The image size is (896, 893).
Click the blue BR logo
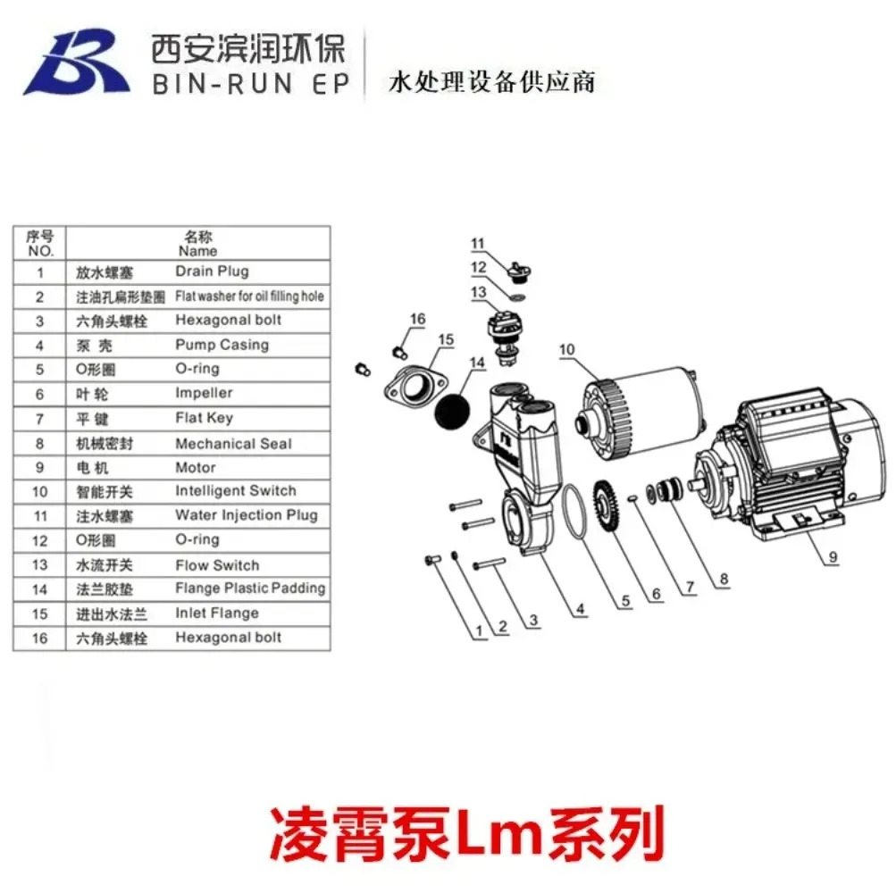point(76,62)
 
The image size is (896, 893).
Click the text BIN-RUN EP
point(251,85)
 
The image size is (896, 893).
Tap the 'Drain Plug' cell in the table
point(212,271)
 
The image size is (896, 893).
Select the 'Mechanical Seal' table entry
point(233,443)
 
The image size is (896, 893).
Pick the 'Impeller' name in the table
point(204,393)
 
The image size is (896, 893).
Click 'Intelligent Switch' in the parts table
point(236,491)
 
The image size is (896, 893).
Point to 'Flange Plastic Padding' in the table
point(250,588)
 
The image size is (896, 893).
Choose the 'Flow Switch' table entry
point(217,565)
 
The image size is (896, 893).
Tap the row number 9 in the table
point(39,467)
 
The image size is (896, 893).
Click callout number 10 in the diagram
point(567,349)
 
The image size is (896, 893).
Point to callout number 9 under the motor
point(833,556)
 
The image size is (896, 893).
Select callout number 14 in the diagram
point(477,363)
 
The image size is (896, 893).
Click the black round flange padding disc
point(453,412)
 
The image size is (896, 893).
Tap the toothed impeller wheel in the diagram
point(607,506)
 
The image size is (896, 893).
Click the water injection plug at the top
point(519,272)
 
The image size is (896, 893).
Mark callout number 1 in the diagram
point(479,630)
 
